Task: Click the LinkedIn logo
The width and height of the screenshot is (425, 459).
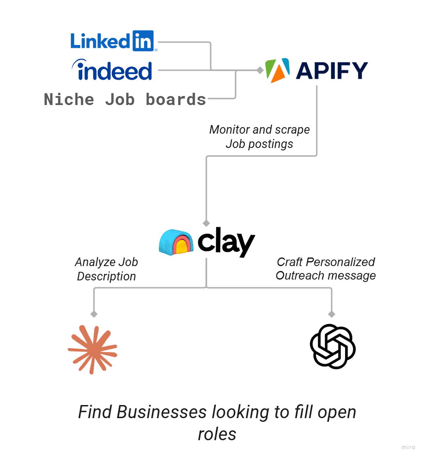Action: tap(112, 41)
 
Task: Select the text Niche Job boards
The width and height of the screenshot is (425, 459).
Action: tap(125, 99)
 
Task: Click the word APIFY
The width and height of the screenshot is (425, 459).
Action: tap(332, 70)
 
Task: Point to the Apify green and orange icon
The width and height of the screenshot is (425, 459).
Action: tap(277, 70)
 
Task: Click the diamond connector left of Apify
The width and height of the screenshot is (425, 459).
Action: tap(259, 70)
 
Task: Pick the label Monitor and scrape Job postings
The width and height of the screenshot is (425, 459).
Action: tap(260, 137)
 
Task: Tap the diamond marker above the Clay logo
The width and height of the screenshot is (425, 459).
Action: tap(206, 223)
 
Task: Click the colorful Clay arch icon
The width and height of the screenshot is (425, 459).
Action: tap(176, 243)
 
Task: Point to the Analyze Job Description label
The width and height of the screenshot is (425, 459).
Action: tap(106, 269)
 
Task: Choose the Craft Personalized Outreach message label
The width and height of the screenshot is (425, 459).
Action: tap(326, 269)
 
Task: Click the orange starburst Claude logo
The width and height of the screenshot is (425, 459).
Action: tap(93, 349)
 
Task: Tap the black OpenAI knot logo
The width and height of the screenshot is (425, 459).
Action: tap(332, 347)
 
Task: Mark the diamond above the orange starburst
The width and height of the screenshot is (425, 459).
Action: tap(94, 314)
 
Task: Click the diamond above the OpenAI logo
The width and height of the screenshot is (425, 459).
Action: tap(332, 314)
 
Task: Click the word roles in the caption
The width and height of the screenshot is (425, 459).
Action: tap(217, 434)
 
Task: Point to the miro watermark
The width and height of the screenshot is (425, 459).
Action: tap(408, 447)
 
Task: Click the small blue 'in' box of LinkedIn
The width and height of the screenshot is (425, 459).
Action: tap(143, 40)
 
